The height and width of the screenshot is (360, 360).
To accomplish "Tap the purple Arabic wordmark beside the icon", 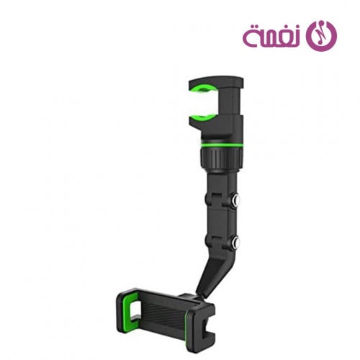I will tap(272, 35).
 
